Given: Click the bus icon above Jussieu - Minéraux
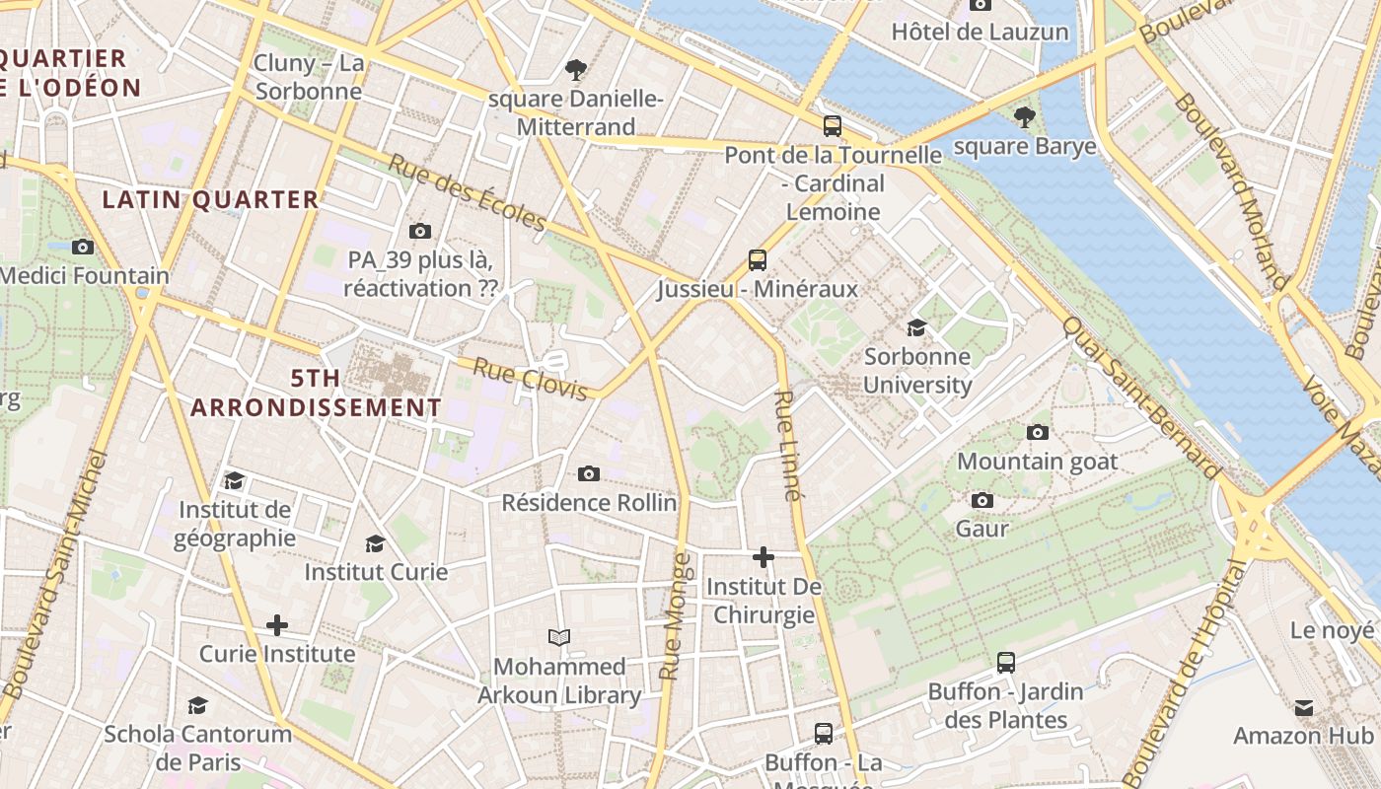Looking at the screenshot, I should [757, 260].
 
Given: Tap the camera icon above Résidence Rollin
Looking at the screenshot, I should [589, 474].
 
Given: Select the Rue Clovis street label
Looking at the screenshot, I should [530, 379].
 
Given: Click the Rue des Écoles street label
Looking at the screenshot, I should [466, 192].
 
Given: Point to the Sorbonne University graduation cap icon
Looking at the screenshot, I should [916, 328].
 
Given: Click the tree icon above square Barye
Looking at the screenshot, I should [1025, 117].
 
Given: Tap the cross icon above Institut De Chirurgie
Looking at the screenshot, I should [763, 558].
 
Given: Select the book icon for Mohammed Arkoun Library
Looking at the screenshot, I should [559, 638].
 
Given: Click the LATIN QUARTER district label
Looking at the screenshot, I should [211, 199].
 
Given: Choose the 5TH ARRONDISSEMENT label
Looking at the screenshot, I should [316, 393].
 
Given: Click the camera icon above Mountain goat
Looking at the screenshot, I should [1037, 433].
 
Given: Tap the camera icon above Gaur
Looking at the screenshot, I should [981, 501].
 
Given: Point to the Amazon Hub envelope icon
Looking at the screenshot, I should [1303, 707].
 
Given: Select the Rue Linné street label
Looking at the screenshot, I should [787, 446].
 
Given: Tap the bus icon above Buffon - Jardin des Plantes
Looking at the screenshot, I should [1005, 663].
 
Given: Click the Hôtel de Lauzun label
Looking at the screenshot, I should [980, 32].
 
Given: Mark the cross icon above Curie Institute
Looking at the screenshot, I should [277, 625].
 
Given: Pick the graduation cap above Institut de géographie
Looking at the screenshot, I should [234, 481].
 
